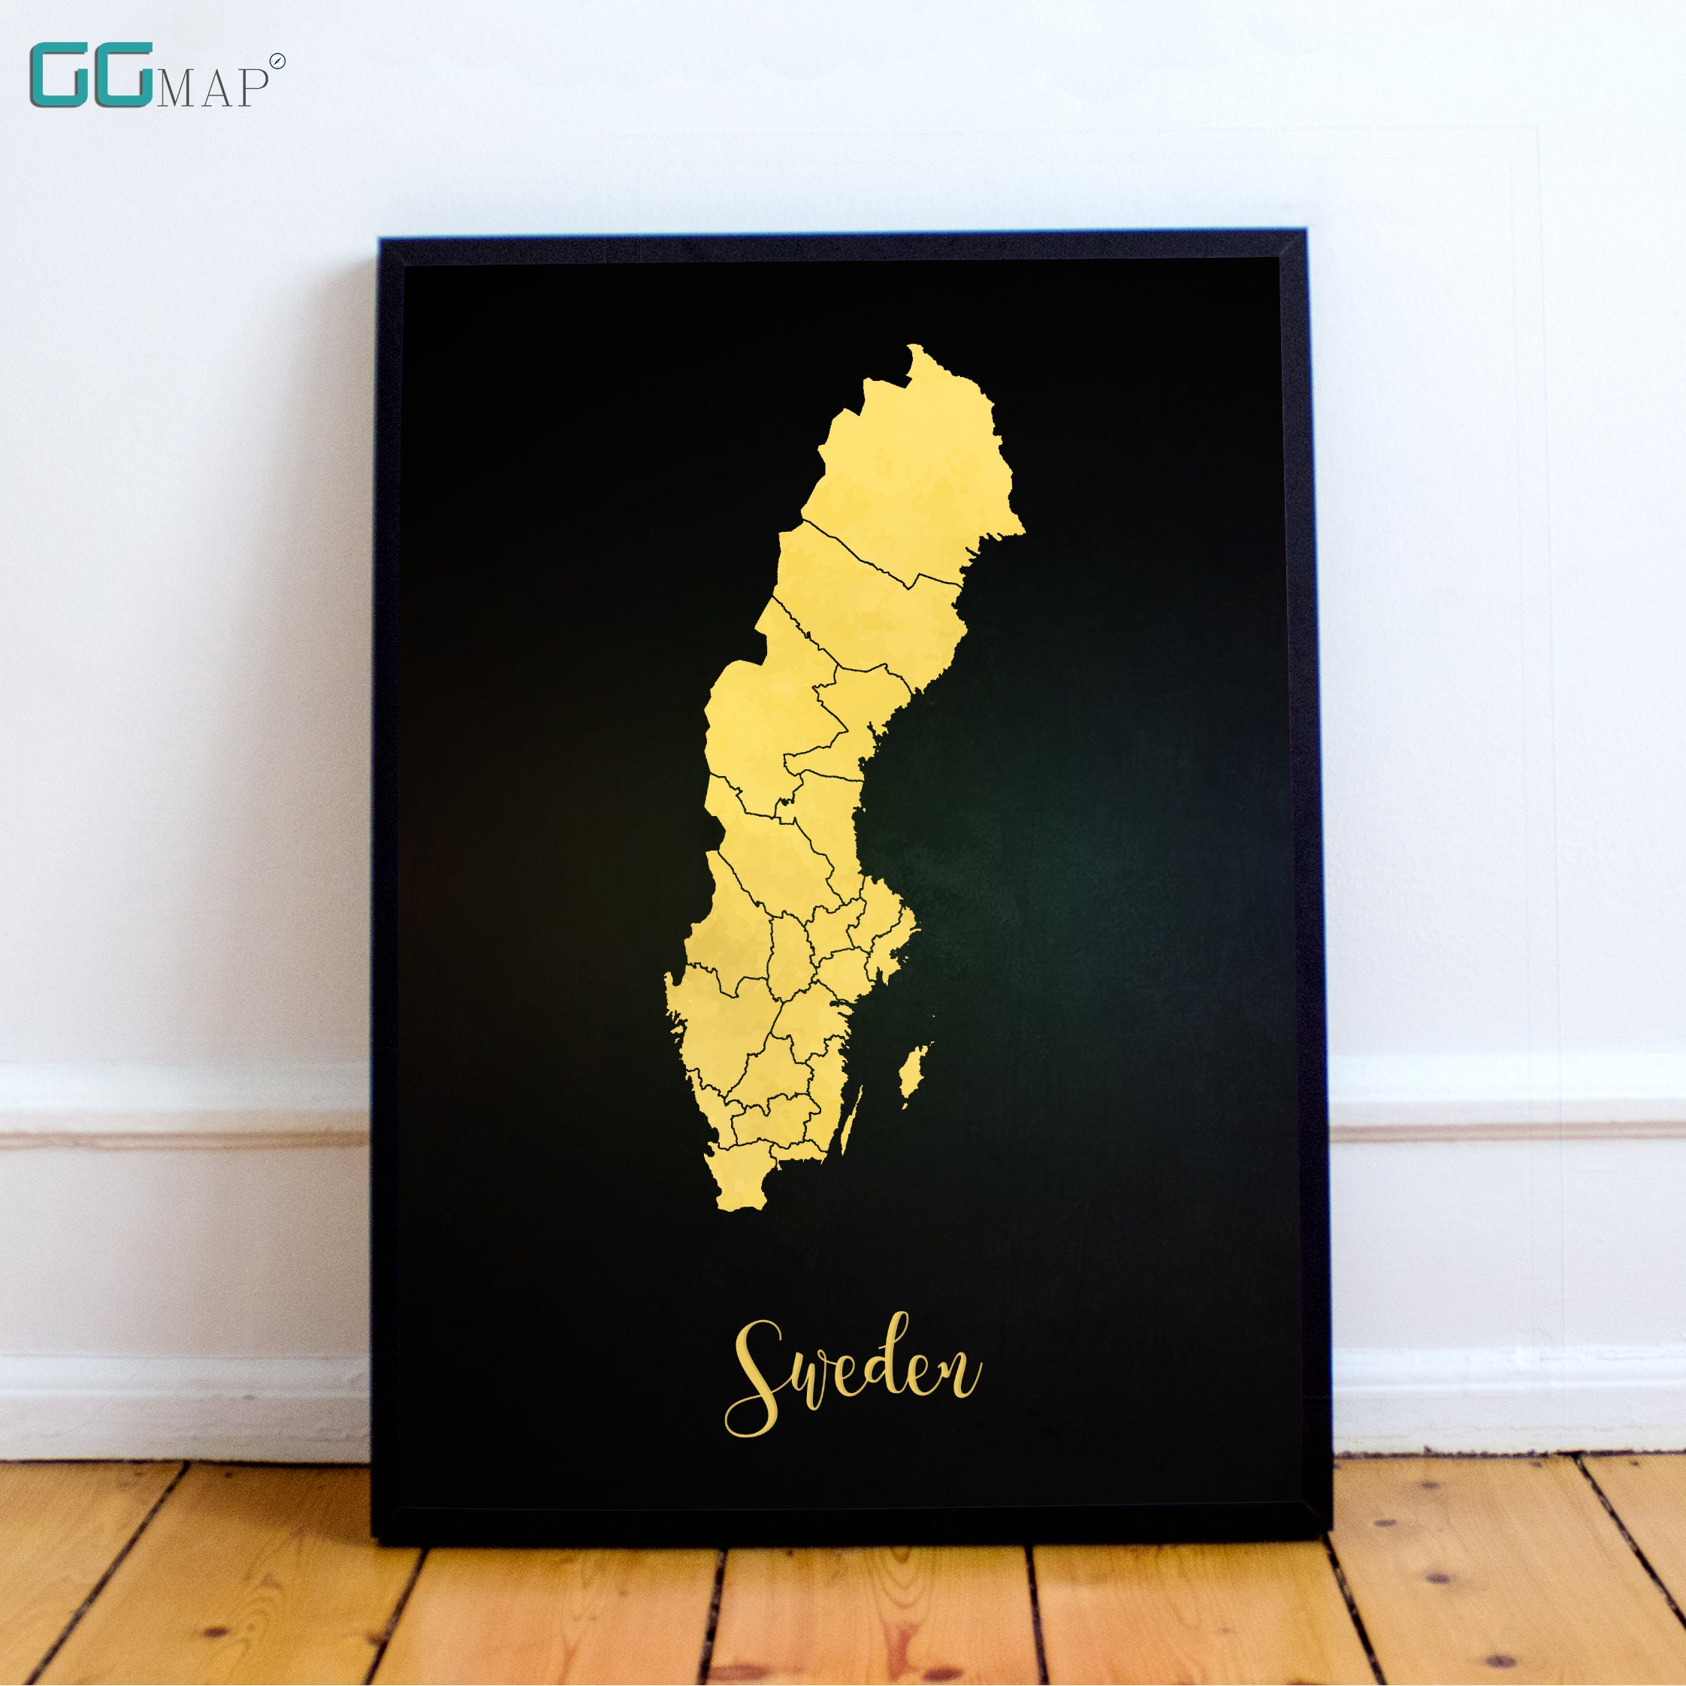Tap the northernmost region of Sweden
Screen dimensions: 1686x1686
click(x=908, y=463)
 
